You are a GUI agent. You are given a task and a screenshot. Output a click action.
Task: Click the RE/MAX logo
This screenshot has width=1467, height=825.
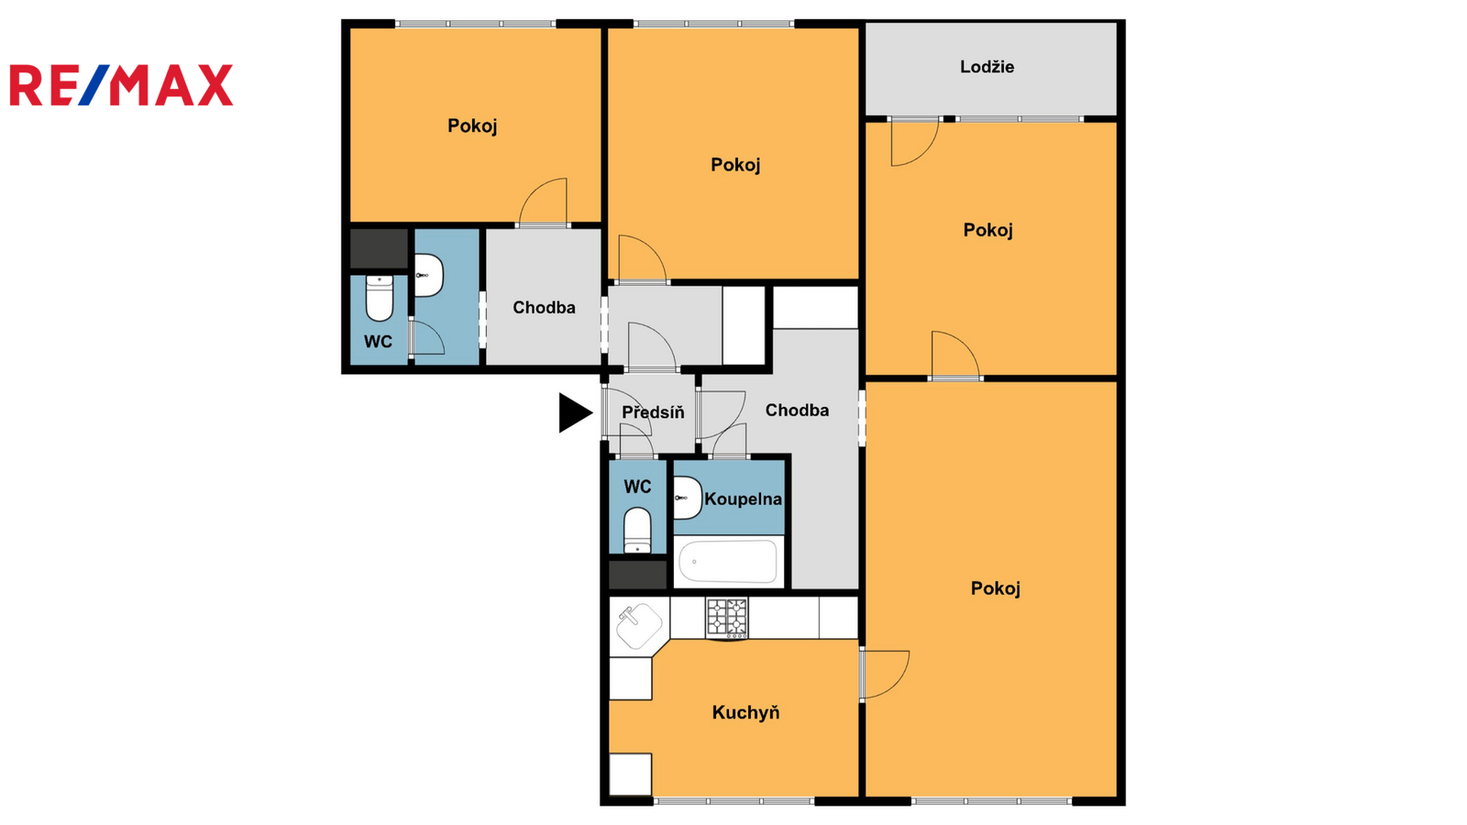[x=121, y=85]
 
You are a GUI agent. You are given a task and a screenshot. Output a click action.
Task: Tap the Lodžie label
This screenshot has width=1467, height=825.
[x=987, y=67]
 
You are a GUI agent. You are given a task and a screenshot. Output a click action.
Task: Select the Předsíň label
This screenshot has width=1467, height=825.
[x=653, y=412]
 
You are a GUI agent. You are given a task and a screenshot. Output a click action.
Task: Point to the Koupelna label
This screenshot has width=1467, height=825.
[x=743, y=500]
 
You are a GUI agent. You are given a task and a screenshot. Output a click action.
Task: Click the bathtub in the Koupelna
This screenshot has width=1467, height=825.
[x=728, y=562]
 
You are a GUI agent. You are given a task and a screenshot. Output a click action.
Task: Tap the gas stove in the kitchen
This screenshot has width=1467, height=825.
[x=727, y=618]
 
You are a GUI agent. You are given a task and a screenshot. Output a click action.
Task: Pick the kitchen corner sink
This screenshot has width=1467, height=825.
[x=638, y=626]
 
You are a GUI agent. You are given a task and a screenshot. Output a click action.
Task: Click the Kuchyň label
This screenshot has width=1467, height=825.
[x=745, y=712]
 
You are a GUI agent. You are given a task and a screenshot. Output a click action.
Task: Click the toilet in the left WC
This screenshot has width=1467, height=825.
[x=380, y=298]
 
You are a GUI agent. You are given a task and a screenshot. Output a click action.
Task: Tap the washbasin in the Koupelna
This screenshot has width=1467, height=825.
[x=688, y=498]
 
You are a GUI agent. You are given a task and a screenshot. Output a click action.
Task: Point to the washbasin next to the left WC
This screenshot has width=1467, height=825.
[x=429, y=275]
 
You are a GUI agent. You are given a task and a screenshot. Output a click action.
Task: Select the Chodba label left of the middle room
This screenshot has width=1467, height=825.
[x=544, y=308]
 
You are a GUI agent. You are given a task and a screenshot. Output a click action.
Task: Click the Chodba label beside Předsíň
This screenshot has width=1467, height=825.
[x=797, y=411]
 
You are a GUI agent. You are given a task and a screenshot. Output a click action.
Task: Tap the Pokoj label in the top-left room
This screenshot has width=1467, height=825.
[x=472, y=126]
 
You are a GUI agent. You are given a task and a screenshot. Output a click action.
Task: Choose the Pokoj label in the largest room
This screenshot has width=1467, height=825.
[x=996, y=588]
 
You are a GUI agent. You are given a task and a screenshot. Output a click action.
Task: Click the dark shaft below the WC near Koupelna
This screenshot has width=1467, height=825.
[x=637, y=574]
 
